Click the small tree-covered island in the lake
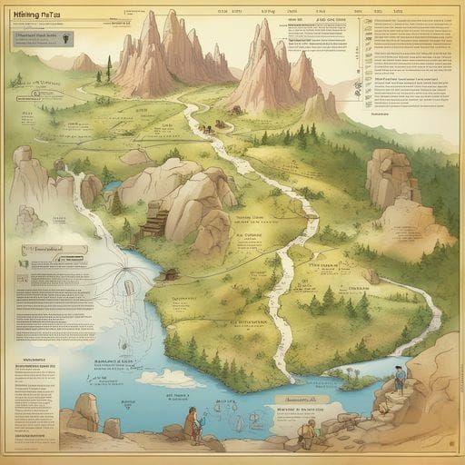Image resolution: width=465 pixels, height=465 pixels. (x=349, y=371)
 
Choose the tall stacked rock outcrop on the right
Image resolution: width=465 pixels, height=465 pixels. (x=391, y=177)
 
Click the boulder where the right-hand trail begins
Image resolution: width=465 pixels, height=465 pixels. (x=371, y=276)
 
